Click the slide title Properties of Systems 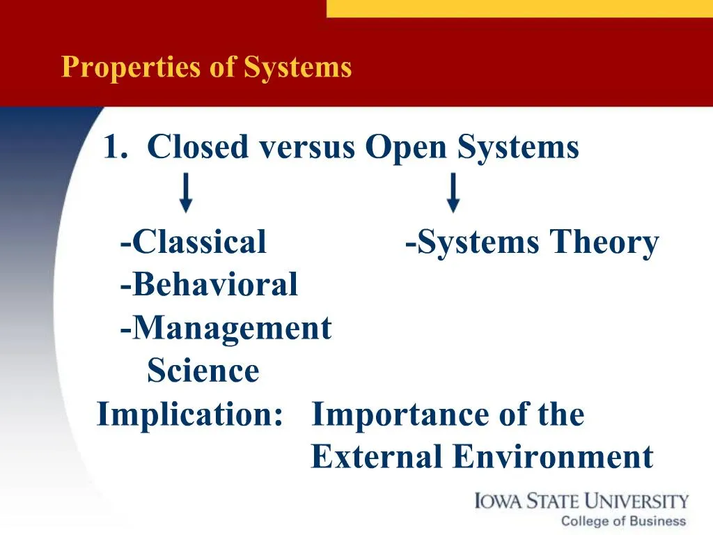(x=206, y=68)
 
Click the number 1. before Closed (x=117, y=148)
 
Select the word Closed (x=198, y=148)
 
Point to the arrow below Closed (x=186, y=193)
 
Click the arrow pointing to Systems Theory (x=453, y=193)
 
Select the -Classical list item (x=193, y=242)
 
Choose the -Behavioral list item (x=208, y=284)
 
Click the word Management (x=231, y=327)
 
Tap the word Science (x=203, y=371)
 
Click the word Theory (x=604, y=243)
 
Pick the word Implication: (x=190, y=414)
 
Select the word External (x=376, y=457)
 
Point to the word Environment (x=553, y=457)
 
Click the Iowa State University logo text (x=581, y=501)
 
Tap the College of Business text (x=623, y=521)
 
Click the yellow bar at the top (x=519, y=8)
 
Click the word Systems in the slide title (x=297, y=68)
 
